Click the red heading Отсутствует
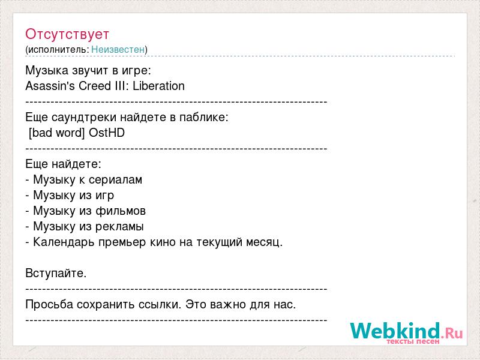point(67,34)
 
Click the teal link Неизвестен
point(118,49)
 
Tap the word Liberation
point(158,86)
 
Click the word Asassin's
point(50,86)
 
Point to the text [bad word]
point(56,133)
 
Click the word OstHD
point(107,133)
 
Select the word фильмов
point(121,211)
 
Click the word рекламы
point(119,227)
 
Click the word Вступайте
point(56,273)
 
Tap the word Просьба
point(49,304)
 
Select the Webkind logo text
point(395,331)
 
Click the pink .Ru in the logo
point(452,333)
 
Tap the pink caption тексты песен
point(413,341)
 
